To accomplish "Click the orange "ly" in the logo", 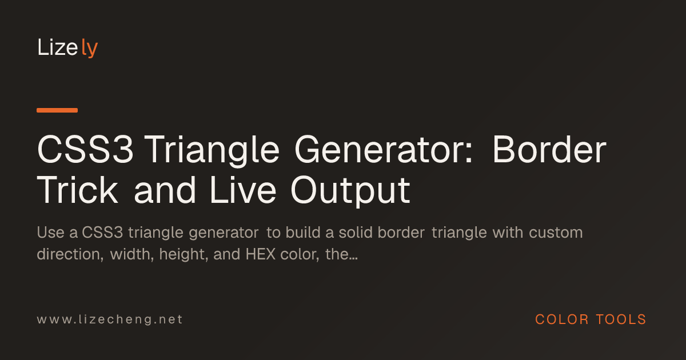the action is point(89,48).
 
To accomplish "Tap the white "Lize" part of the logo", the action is point(57,47).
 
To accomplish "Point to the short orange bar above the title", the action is point(57,110).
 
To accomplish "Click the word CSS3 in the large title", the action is point(85,150).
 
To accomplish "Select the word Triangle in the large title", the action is point(212,151).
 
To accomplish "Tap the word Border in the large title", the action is point(549,149).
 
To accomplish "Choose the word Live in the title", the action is point(243,190).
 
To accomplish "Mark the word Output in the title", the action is point(350,191).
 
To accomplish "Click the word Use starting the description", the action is point(50,233).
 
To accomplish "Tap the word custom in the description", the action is point(556,233).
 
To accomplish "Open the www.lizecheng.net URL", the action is point(110,319).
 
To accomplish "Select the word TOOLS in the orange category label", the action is point(621,319).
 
